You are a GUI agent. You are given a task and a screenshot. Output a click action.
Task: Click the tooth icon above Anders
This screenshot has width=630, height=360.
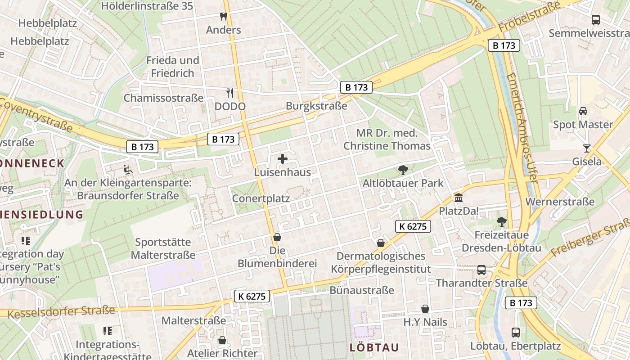[x=223, y=17]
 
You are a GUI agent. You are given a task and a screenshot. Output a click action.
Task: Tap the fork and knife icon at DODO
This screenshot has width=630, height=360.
[x=230, y=93]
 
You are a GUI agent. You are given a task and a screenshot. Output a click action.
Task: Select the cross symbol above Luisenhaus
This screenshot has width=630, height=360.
[x=283, y=159]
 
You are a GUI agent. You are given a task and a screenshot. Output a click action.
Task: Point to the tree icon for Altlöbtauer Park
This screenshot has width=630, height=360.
[x=403, y=170]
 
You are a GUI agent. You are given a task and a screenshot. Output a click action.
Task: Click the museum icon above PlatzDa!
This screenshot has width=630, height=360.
[x=459, y=198]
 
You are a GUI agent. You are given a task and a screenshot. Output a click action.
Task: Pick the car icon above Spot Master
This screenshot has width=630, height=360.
[x=583, y=111]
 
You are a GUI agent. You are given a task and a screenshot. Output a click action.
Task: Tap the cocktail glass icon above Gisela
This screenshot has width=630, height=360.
[x=586, y=148]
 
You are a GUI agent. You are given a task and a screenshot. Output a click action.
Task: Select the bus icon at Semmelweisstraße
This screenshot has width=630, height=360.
[x=596, y=20]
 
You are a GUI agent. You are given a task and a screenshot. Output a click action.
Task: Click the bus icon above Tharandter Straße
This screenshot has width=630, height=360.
[x=481, y=270]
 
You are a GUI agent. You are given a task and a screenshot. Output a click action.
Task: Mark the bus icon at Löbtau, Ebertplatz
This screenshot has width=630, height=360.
[x=516, y=333]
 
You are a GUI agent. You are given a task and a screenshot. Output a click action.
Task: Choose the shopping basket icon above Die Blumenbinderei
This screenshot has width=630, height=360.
[x=277, y=237]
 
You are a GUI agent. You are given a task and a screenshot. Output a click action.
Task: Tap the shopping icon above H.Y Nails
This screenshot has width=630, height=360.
[x=425, y=309]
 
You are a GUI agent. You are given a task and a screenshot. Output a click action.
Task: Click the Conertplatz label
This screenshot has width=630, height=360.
[x=261, y=198]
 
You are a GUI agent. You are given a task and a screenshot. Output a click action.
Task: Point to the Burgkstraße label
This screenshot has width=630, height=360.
[x=316, y=106]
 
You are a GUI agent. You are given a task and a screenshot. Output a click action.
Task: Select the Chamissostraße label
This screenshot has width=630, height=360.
[x=163, y=98]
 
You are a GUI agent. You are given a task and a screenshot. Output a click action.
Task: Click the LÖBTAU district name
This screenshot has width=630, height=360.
[x=374, y=347]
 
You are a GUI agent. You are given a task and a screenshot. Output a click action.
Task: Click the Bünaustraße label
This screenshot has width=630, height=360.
[x=362, y=290]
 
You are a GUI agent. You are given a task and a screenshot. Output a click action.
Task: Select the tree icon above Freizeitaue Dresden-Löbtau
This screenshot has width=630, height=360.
[x=501, y=221]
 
